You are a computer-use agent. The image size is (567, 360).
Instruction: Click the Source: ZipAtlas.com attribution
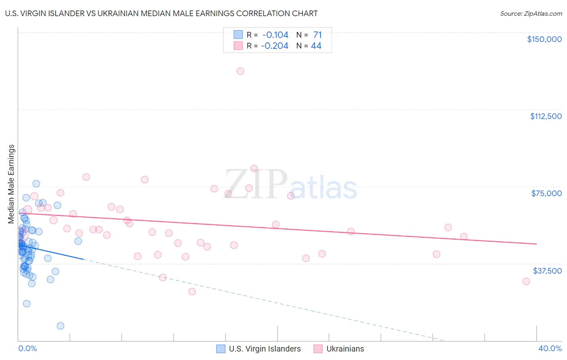click(x=531, y=13)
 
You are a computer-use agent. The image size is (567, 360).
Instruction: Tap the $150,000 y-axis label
click(x=544, y=39)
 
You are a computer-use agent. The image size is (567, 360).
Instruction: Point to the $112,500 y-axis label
click(x=546, y=116)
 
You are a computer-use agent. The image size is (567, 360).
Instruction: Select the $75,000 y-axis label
click(x=546, y=193)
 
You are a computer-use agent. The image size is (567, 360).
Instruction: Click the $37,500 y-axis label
click(x=547, y=271)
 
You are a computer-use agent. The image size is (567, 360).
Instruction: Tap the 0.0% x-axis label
click(x=28, y=348)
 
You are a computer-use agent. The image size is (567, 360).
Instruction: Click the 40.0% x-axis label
click(x=550, y=348)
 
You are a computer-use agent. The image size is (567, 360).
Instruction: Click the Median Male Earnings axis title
click(x=11, y=184)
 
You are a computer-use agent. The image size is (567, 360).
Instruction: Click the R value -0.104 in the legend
click(x=275, y=35)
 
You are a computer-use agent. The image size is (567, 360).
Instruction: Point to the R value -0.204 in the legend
click(x=274, y=46)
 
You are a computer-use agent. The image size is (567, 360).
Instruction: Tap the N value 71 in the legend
click(x=317, y=35)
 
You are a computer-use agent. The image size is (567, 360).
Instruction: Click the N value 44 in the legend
click(x=316, y=46)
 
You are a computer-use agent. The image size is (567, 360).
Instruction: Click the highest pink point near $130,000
click(x=240, y=71)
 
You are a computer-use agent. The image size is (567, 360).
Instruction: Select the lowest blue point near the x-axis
click(x=60, y=326)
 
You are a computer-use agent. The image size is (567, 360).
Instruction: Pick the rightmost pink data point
click(x=526, y=281)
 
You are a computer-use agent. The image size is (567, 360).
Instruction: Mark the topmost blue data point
click(x=36, y=184)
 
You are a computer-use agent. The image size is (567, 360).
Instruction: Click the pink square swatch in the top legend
click(x=238, y=46)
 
